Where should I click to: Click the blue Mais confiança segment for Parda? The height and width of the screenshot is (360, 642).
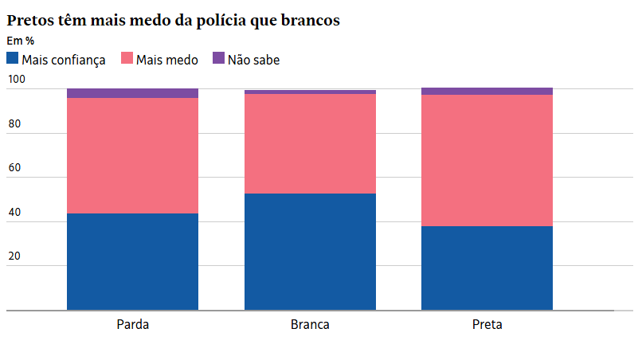click(x=132, y=261)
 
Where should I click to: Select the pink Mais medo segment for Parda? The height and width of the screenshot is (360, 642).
click(x=132, y=155)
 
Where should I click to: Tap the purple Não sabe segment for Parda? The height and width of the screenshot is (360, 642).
click(x=132, y=93)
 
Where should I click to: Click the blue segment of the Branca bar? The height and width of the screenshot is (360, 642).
click(x=310, y=252)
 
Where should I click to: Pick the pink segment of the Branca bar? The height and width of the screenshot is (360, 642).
click(x=310, y=143)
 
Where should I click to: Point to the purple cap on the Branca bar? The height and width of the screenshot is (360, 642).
click(x=310, y=92)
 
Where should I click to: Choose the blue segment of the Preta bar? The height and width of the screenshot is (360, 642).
click(x=487, y=268)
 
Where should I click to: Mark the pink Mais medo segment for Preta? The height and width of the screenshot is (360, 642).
click(x=487, y=160)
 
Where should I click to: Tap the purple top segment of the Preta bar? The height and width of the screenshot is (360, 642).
click(x=487, y=91)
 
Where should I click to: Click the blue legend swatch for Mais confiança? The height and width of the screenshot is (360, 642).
click(x=12, y=58)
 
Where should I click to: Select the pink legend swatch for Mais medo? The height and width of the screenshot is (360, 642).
click(x=127, y=58)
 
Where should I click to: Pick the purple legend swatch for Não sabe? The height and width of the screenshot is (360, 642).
click(x=218, y=58)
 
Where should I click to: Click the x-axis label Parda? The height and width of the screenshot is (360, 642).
click(x=132, y=325)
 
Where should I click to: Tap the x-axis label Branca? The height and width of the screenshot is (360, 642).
click(x=310, y=325)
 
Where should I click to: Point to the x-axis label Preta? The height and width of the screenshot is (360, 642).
click(x=487, y=325)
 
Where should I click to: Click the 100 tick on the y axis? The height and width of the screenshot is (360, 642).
click(x=16, y=80)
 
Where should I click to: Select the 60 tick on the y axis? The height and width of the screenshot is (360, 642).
click(x=14, y=168)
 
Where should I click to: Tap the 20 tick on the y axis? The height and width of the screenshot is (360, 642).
click(x=14, y=256)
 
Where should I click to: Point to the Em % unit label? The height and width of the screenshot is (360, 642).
click(x=20, y=41)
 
